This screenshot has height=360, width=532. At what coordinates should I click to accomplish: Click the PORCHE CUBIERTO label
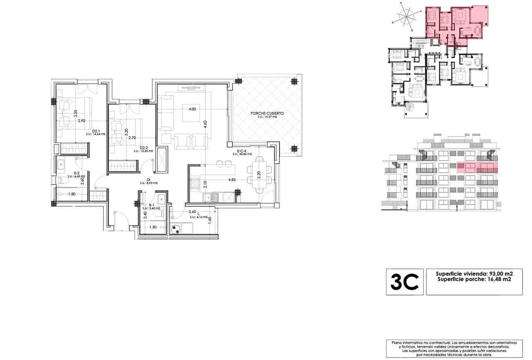click(267, 113)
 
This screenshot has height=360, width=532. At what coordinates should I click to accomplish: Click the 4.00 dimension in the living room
click(192, 109)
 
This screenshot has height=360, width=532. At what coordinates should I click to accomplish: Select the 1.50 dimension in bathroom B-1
click(154, 227)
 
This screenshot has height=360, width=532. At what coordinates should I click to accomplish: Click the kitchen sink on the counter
click(214, 197)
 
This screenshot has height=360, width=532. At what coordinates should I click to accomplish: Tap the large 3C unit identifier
click(404, 282)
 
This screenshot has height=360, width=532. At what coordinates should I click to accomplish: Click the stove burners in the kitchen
click(196, 182)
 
